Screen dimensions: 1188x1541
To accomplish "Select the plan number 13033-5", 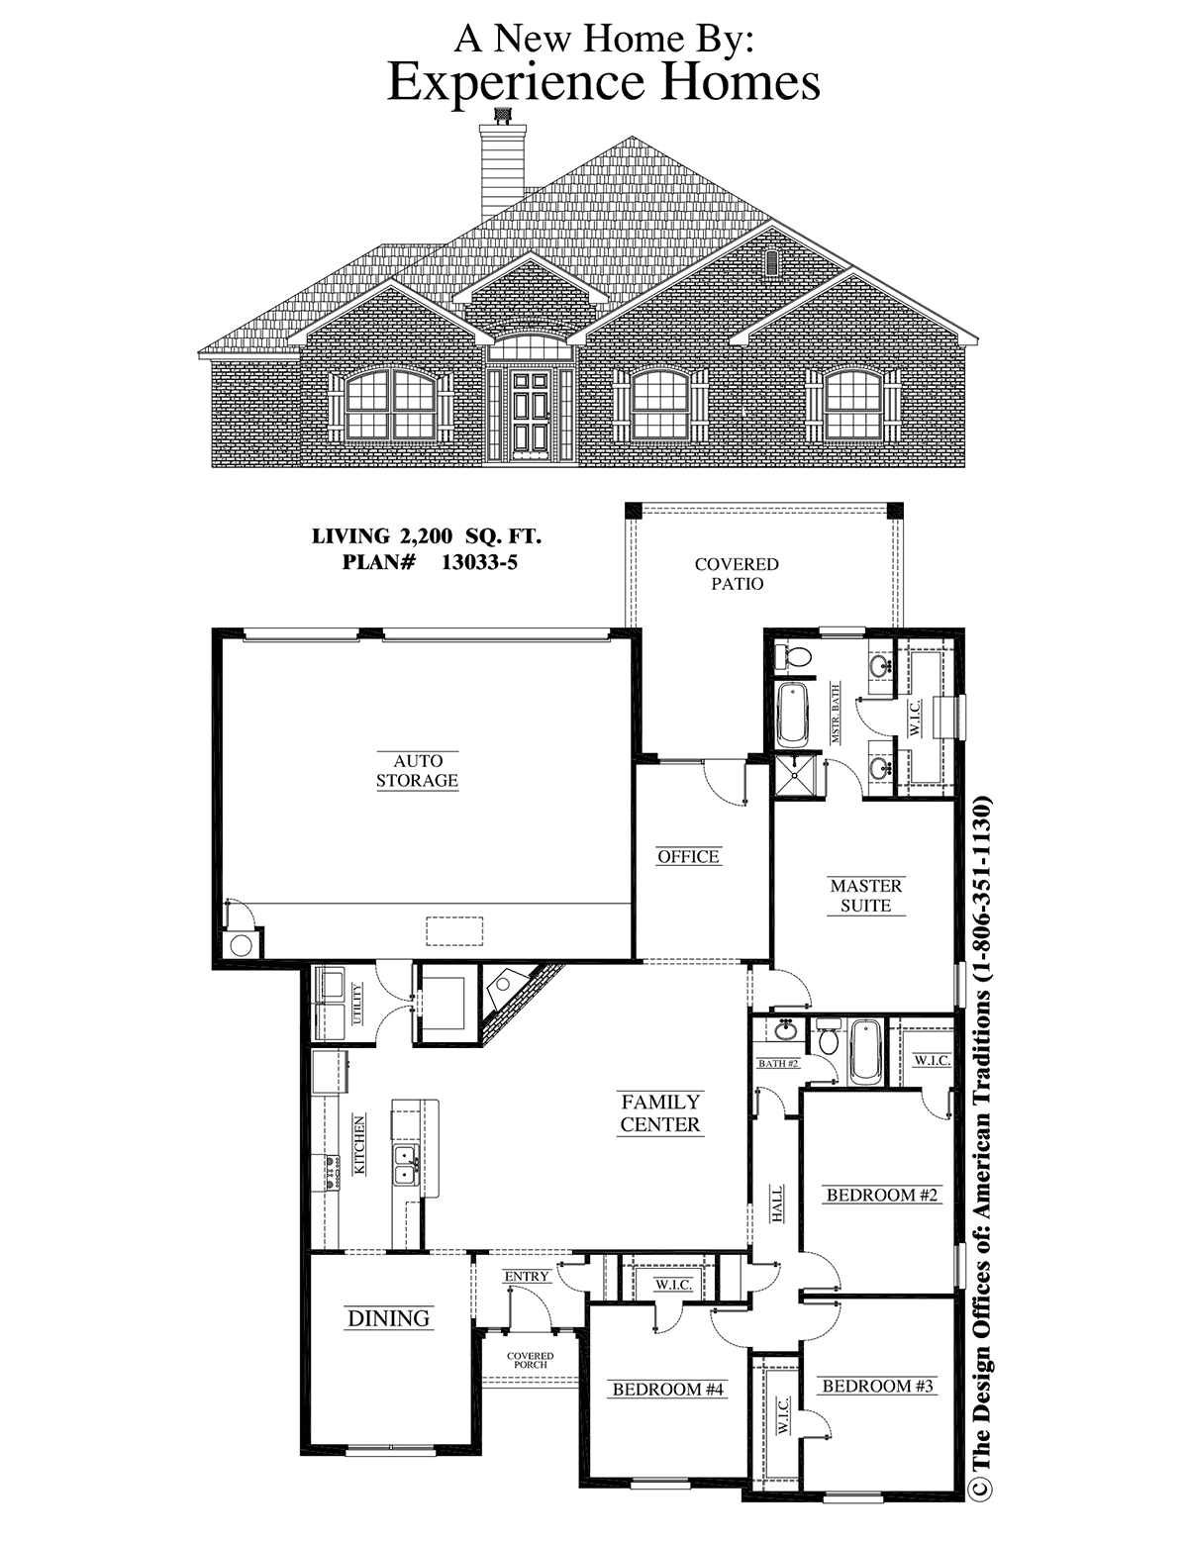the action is click(x=479, y=562).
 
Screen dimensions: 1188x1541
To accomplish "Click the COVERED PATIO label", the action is click(x=737, y=574).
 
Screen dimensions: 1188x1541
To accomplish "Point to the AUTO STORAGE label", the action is click(x=417, y=771).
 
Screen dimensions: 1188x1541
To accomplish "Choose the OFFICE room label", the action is click(x=688, y=857).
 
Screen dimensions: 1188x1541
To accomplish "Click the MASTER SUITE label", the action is click(x=866, y=896).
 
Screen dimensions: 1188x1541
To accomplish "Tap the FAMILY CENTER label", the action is click(x=660, y=1112).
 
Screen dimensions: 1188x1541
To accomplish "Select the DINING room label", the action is click(x=389, y=1318).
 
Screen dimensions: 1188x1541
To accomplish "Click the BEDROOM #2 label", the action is click(x=882, y=1195).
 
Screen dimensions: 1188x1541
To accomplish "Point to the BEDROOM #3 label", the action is click(x=877, y=1386).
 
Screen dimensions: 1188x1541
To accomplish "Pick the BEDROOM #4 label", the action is click(x=668, y=1390).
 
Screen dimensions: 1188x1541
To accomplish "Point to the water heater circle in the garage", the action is click(x=242, y=944).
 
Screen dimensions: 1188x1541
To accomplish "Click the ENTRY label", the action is click(x=527, y=1277).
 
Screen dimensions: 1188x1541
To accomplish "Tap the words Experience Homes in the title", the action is click(x=604, y=82).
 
